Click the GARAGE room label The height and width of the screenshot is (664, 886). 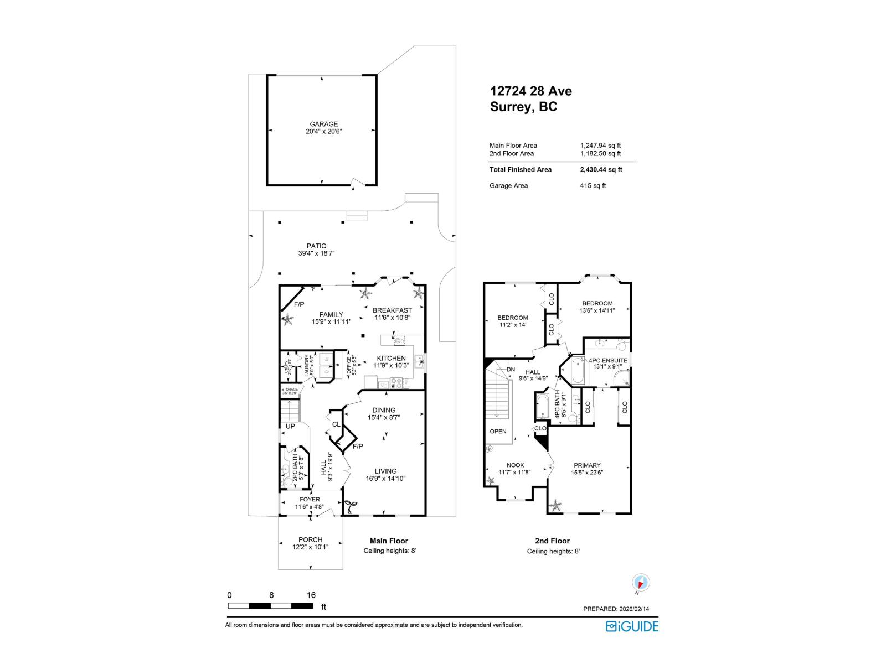click(323, 124)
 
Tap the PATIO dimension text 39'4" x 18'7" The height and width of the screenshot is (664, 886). click(316, 253)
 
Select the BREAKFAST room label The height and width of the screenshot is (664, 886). click(392, 310)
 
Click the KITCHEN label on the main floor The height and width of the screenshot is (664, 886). click(392, 358)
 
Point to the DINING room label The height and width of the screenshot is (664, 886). click(384, 410)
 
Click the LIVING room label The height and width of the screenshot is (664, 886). click(385, 471)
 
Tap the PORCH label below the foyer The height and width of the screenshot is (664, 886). click(310, 539)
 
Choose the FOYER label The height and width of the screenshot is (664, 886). click(310, 499)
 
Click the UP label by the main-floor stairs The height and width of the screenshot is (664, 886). click(290, 426)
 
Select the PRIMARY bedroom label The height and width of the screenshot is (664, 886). click(587, 465)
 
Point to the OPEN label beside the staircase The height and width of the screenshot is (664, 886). click(498, 431)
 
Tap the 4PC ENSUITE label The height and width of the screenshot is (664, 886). click(608, 360)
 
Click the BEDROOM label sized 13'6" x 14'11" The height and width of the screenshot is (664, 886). click(597, 303)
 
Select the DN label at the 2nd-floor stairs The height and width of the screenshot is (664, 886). click(511, 369)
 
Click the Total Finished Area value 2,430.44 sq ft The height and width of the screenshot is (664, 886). click(601, 170)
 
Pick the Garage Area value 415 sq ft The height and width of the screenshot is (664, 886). click(593, 186)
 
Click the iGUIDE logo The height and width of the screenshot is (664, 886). click(632, 626)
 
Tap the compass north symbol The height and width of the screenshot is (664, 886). click(641, 583)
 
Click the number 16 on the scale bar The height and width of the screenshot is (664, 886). click(311, 595)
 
